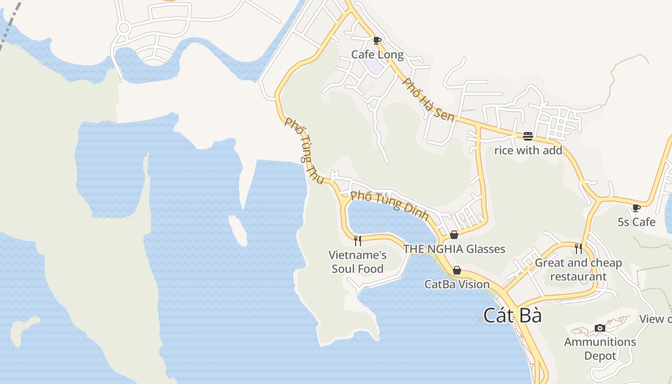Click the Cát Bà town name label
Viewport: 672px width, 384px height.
(x=512, y=315)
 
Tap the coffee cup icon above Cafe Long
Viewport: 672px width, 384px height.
(x=377, y=40)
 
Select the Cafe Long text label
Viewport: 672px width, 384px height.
(x=377, y=54)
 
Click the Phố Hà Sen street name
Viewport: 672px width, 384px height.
(x=429, y=99)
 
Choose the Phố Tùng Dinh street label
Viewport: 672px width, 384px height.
(x=389, y=205)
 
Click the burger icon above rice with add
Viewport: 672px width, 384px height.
(x=528, y=136)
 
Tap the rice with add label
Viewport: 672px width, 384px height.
(x=528, y=150)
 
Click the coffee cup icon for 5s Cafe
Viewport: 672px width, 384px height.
(x=636, y=208)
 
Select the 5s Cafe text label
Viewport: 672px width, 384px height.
(x=636, y=222)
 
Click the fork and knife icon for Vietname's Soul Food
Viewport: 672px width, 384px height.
(x=358, y=240)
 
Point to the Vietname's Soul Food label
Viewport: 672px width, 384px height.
(x=358, y=262)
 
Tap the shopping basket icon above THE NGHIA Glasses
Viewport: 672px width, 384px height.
(x=454, y=235)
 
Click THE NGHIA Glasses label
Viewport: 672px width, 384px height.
(x=454, y=249)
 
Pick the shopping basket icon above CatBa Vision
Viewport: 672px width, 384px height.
(x=457, y=270)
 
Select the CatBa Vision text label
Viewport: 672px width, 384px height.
(x=457, y=284)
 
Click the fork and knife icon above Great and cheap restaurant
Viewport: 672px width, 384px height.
(x=578, y=248)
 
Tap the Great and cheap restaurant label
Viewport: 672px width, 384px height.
(x=578, y=269)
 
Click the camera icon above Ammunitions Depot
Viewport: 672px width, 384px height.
(x=600, y=328)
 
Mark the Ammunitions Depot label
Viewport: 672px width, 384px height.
(x=600, y=348)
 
